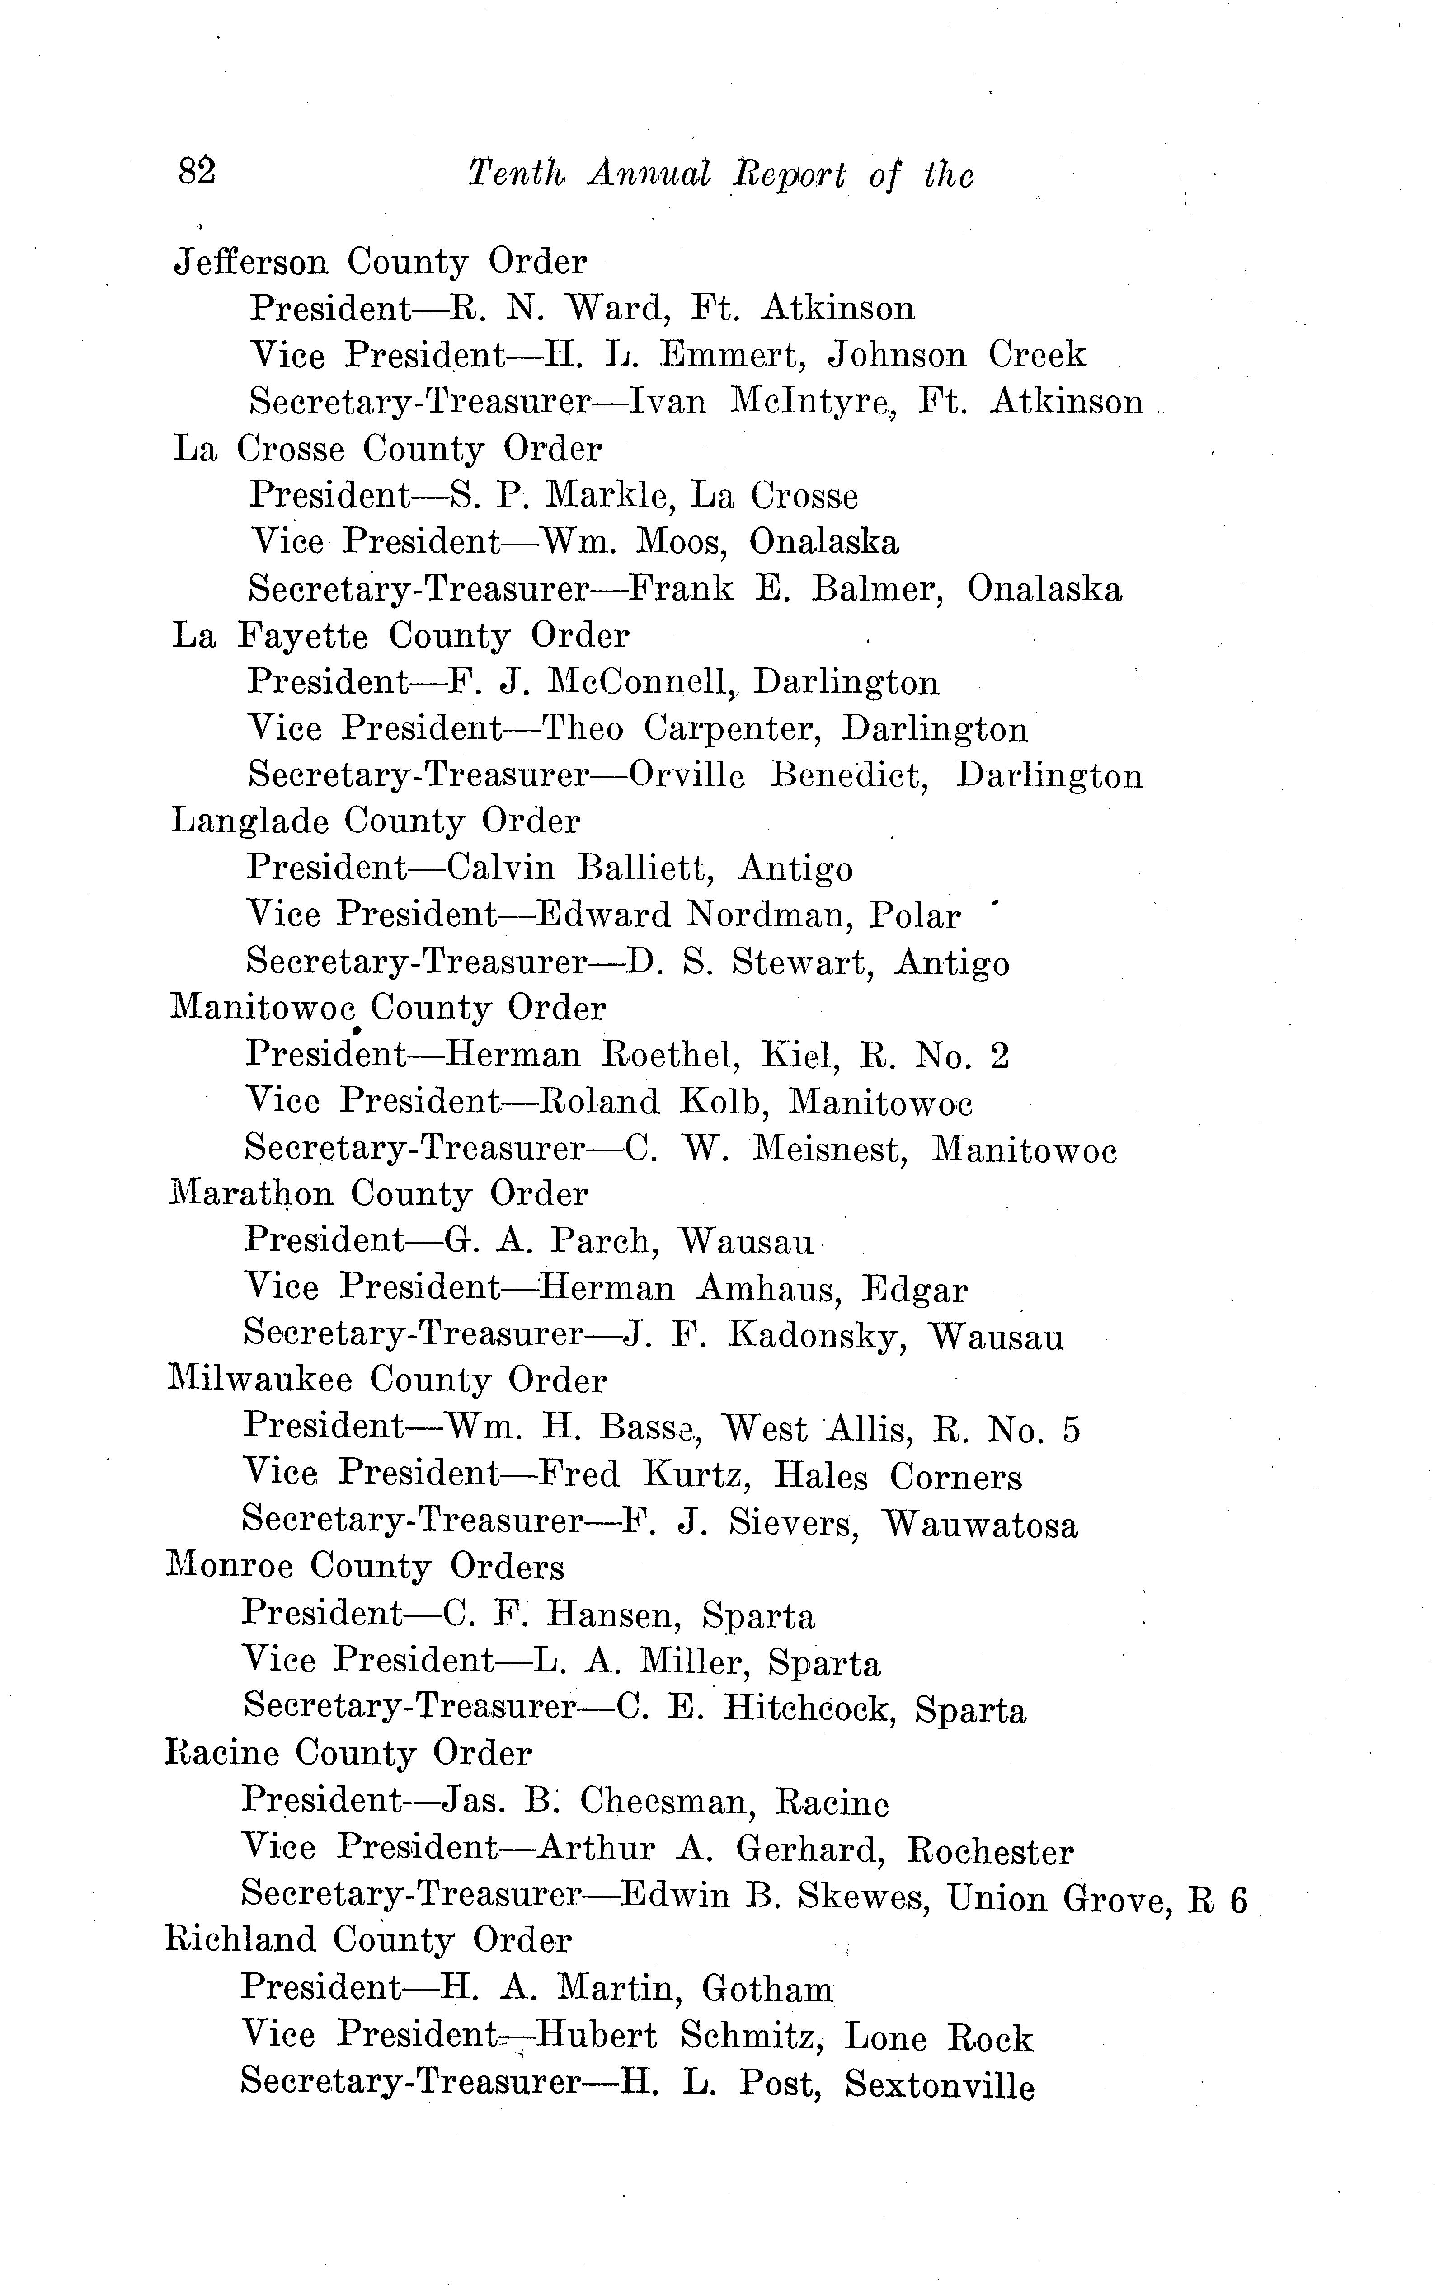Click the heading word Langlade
249,821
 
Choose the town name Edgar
915,1290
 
